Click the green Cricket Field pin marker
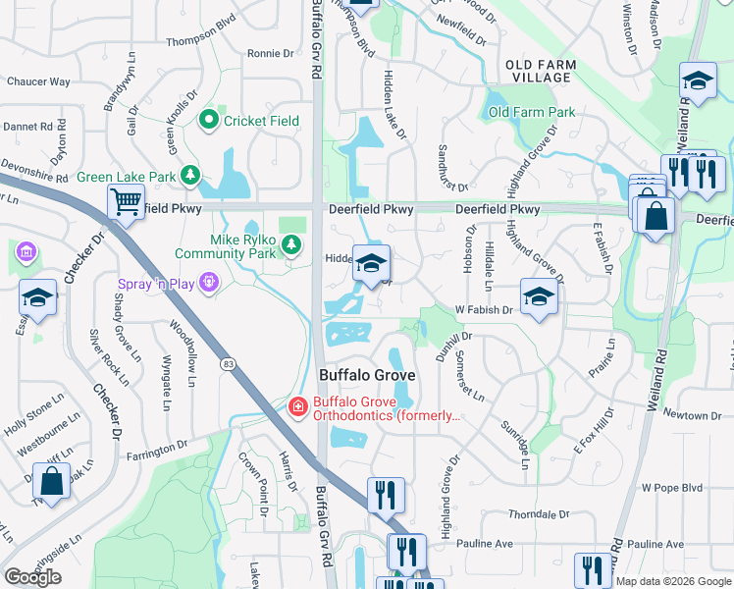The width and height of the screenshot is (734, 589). [208, 121]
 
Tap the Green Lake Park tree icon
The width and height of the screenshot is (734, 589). [189, 178]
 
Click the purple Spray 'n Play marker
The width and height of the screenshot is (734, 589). [207, 285]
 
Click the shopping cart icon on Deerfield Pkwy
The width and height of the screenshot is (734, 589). [126, 203]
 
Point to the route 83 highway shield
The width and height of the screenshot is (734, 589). [228, 364]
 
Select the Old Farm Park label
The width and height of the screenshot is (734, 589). [532, 113]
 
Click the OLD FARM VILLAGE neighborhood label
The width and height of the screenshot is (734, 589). [541, 71]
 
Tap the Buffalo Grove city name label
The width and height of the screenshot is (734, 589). [367, 375]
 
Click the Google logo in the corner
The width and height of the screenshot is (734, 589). [32, 577]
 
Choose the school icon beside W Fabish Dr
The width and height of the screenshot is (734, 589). [539, 297]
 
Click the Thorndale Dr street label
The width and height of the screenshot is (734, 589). [539, 514]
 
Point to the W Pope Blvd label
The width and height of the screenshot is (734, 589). [672, 488]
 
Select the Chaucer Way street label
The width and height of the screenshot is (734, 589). [38, 81]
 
